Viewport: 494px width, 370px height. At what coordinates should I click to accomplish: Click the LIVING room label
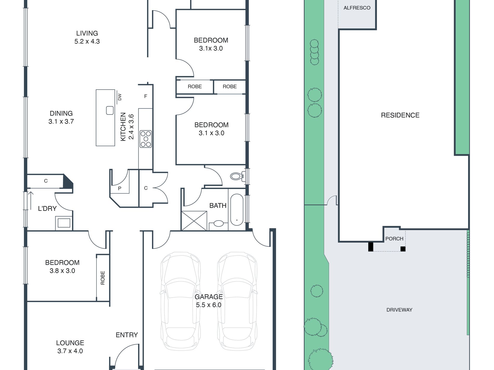(x=87, y=33)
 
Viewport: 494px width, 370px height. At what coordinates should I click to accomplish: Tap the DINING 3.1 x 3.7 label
(x=61, y=117)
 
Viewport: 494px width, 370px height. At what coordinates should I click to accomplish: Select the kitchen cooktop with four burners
(x=146, y=139)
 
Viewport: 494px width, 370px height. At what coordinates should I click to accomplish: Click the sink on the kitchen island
(x=110, y=110)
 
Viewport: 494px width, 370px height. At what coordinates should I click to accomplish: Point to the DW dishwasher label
(x=120, y=97)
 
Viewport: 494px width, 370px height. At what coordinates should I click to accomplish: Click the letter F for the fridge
(x=146, y=96)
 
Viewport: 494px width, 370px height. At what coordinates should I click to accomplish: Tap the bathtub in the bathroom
(x=237, y=210)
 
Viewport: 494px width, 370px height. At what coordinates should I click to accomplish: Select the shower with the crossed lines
(x=194, y=221)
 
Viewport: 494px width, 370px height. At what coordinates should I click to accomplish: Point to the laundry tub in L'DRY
(x=64, y=223)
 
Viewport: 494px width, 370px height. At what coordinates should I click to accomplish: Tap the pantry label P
(x=120, y=189)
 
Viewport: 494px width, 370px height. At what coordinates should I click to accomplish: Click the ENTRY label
(x=127, y=335)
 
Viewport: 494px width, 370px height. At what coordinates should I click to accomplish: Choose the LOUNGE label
(x=70, y=343)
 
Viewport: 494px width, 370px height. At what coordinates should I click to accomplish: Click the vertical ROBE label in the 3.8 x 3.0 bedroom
(x=103, y=278)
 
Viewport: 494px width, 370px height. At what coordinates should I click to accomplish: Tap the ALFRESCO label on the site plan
(x=357, y=8)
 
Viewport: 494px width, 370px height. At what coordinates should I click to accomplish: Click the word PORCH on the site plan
(x=394, y=239)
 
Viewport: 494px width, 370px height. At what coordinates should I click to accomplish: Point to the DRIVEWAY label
(x=399, y=310)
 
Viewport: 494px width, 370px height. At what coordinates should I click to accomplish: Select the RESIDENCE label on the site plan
(x=400, y=115)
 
